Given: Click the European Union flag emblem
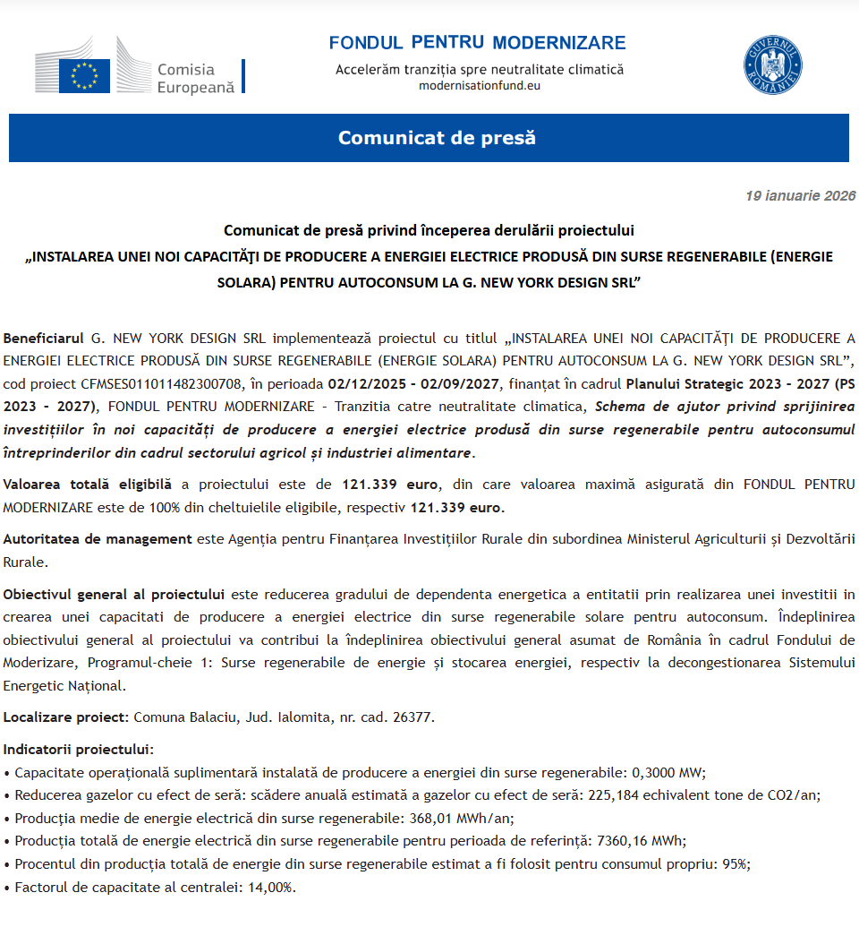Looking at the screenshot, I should (84, 75).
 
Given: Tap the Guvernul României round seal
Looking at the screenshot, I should (772, 64).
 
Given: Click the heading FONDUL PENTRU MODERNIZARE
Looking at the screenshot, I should (477, 43).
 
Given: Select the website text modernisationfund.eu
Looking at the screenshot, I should (480, 86).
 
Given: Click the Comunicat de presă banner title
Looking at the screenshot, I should (437, 138).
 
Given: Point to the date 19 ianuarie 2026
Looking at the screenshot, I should (800, 196).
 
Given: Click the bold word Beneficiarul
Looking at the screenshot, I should (45, 338).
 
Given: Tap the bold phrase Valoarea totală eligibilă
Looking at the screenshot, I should (87, 485).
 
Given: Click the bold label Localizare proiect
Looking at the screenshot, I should (67, 717).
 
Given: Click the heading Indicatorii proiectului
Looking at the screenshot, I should (79, 749).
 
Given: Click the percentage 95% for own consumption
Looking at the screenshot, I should (736, 864).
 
